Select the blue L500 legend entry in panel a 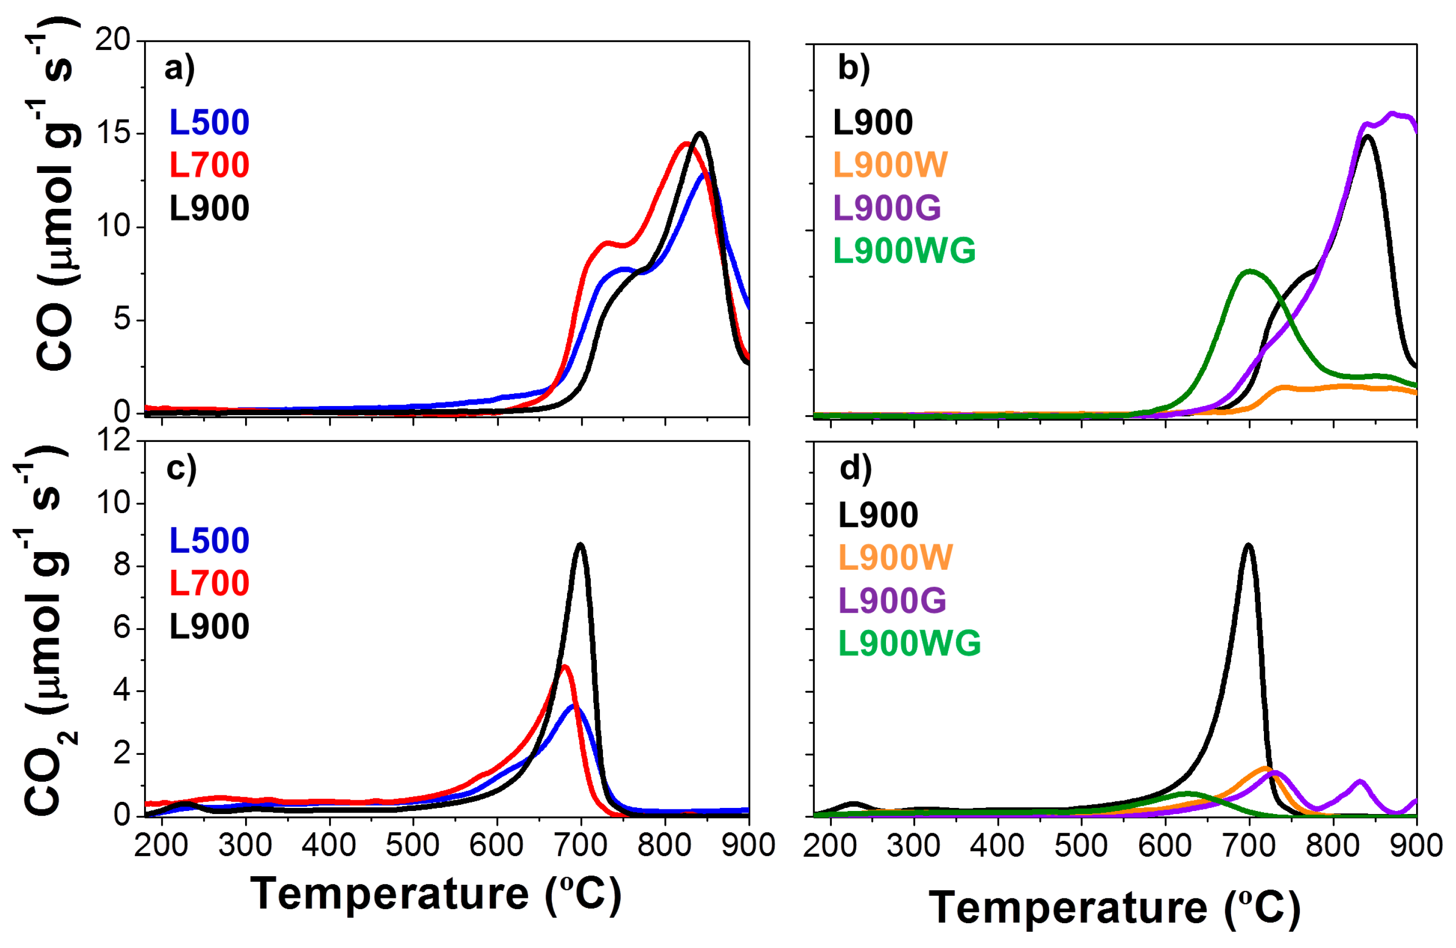tap(209, 122)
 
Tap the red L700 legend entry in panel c tap(209, 582)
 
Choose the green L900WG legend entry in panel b tap(904, 250)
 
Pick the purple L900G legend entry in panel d tap(892, 600)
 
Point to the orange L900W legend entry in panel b tap(890, 165)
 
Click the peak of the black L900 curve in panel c tap(580, 544)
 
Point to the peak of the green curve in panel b tap(1249, 270)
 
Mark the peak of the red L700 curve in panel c tap(565, 666)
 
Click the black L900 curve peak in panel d tap(1248, 544)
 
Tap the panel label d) tap(855, 469)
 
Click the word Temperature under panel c tap(390, 894)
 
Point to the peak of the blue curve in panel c tap(574, 707)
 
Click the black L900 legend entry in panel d tap(878, 515)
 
